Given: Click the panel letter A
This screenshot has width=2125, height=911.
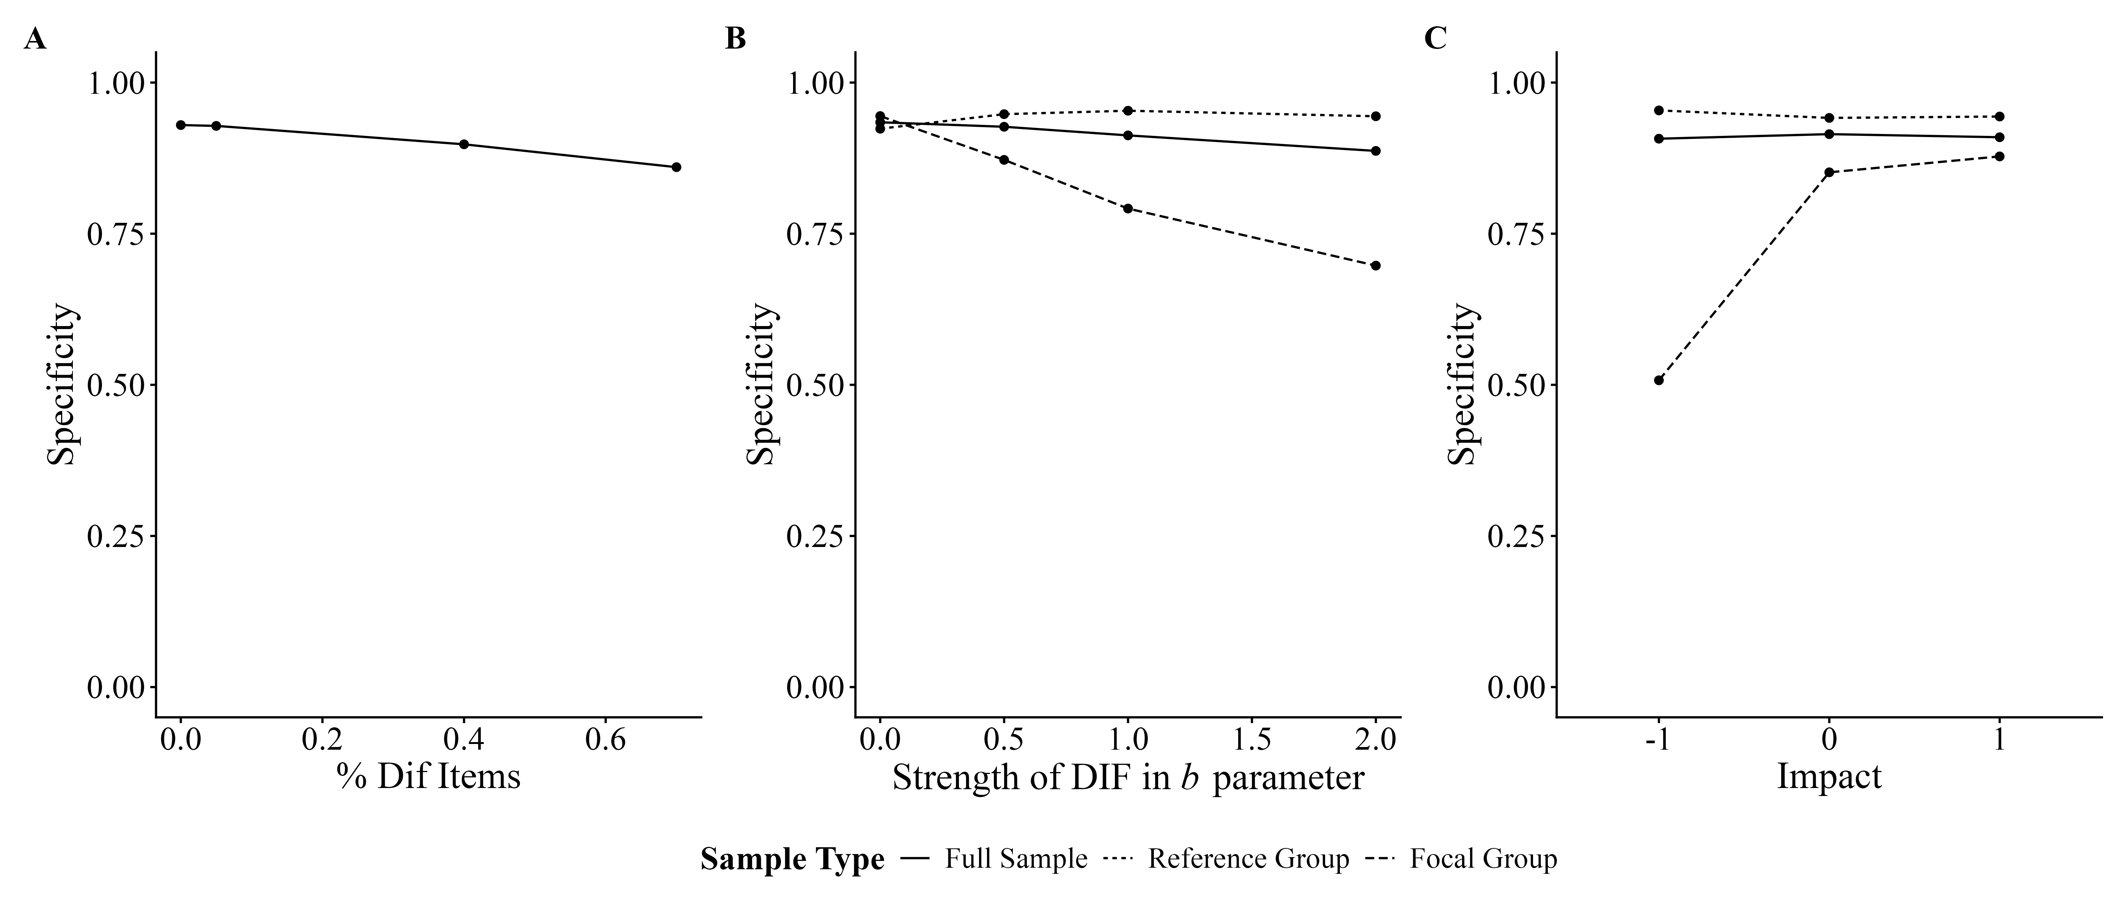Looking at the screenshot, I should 35,39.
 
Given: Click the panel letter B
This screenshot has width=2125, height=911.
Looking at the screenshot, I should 735,39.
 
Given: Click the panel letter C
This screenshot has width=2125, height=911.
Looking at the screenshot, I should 1436,39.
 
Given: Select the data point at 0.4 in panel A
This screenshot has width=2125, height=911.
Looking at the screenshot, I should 464,144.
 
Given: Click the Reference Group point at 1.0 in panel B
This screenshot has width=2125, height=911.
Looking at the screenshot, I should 1128,110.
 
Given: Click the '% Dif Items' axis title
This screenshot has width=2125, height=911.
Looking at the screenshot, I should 428,777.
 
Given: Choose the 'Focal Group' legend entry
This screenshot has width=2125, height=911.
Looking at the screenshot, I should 1483,859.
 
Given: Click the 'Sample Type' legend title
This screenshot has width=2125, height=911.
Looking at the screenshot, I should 792,859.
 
